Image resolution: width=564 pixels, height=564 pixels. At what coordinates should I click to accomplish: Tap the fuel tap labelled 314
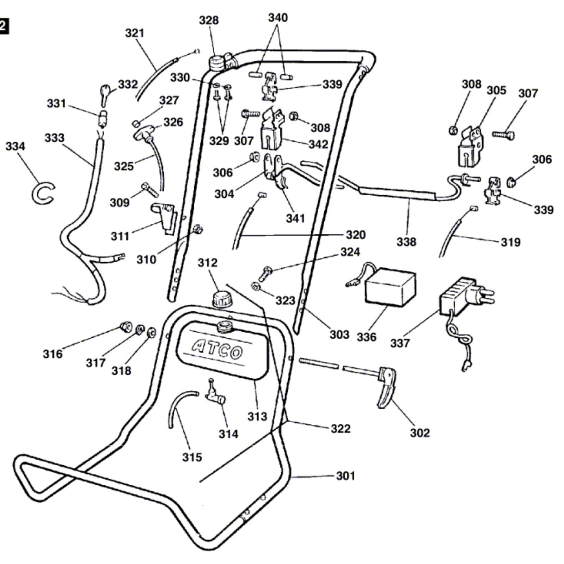[x=215, y=393]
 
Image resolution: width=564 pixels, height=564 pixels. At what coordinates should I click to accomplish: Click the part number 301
[x=345, y=476]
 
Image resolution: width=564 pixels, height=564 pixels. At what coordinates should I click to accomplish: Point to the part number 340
[x=278, y=18]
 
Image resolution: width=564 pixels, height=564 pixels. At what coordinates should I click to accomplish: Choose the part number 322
[x=341, y=429]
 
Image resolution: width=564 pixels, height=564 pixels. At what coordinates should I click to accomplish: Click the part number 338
[x=406, y=242]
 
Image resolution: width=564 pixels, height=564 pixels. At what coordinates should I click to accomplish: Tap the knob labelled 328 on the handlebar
[x=216, y=63]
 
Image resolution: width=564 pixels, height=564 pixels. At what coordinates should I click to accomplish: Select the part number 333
[x=54, y=138]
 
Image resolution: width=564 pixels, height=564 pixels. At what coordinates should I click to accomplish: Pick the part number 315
[x=192, y=457]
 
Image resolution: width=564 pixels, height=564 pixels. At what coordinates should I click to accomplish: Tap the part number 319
[x=511, y=242]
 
